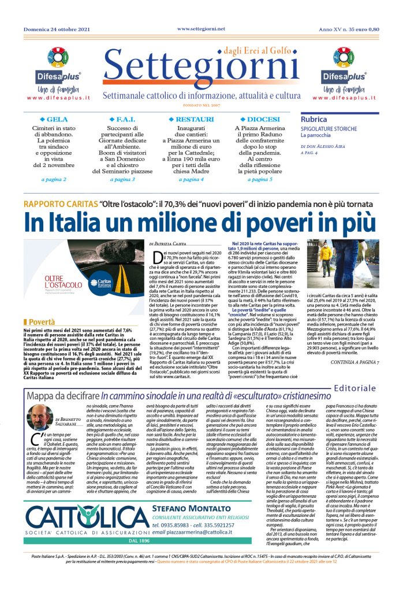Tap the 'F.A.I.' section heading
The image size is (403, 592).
coord(125,120)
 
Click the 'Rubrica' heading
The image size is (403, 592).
coord(314,119)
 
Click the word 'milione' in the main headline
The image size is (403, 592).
coord(162,223)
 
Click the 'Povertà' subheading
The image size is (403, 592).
coord(42,320)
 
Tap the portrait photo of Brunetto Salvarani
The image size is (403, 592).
coord(39,417)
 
